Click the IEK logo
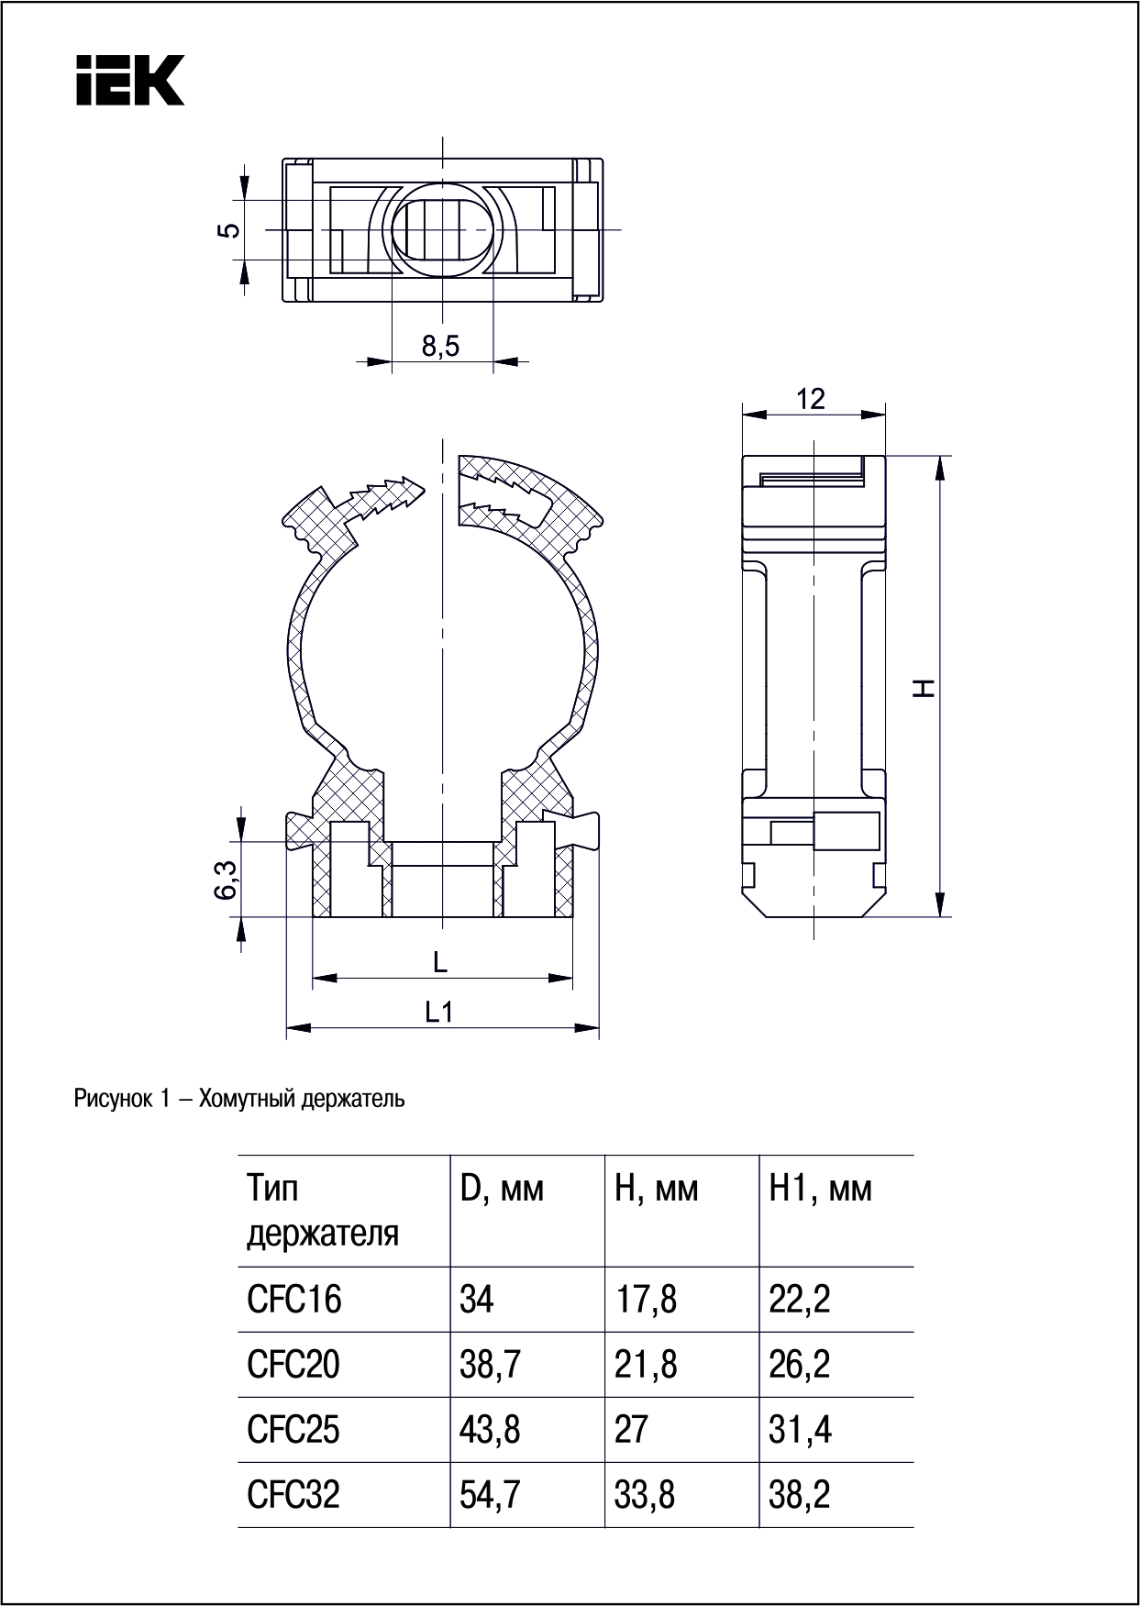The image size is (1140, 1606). point(129,80)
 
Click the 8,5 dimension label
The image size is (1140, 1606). point(440,346)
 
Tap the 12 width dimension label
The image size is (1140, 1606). point(811,399)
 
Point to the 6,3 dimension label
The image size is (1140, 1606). point(228,880)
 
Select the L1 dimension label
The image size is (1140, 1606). point(439,1012)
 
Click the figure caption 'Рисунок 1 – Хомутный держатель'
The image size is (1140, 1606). point(239,1098)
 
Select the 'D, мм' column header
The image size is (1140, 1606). point(502,1189)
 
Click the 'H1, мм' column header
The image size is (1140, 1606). point(821,1189)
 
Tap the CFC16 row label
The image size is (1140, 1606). point(293,1299)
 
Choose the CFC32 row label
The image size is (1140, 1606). point(293,1494)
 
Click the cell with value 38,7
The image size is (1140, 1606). point(490,1364)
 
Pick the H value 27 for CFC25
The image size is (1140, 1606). point(631,1429)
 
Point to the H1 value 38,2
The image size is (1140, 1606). point(800,1494)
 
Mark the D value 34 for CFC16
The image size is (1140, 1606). point(476,1299)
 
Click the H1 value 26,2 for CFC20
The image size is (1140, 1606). point(800,1364)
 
